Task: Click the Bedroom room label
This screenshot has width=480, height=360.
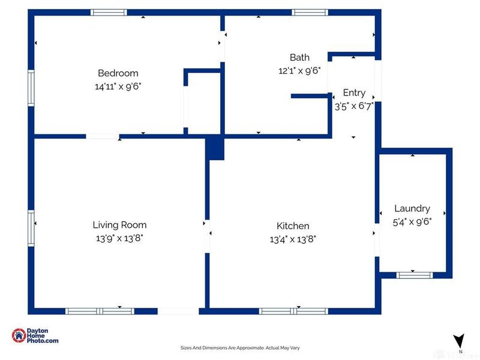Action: (x=118, y=74)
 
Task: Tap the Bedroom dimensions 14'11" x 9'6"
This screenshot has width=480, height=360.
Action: (x=118, y=86)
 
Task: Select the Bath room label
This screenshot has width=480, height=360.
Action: (x=299, y=58)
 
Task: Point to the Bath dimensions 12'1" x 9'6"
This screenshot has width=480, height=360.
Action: (x=299, y=70)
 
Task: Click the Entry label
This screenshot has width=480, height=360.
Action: (x=354, y=92)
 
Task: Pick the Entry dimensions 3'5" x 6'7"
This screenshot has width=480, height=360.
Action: (x=354, y=105)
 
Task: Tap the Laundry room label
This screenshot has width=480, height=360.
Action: (x=412, y=208)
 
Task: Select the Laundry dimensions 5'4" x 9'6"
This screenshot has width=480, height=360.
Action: (x=412, y=221)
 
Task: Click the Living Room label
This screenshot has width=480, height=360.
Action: (x=119, y=225)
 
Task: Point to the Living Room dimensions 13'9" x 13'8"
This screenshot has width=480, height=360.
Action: (x=119, y=238)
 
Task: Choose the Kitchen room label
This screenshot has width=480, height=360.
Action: (x=293, y=226)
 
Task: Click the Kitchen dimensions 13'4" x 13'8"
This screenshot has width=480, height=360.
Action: (x=293, y=238)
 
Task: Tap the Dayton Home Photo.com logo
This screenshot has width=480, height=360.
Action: (x=35, y=336)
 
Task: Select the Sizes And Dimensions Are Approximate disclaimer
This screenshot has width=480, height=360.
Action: (x=239, y=347)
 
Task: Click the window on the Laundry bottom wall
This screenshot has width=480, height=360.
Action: (x=414, y=275)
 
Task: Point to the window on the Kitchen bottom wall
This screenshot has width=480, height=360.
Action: (x=293, y=311)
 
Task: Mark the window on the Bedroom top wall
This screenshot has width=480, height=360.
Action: (x=109, y=12)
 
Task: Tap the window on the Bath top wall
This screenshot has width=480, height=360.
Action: (x=310, y=12)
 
